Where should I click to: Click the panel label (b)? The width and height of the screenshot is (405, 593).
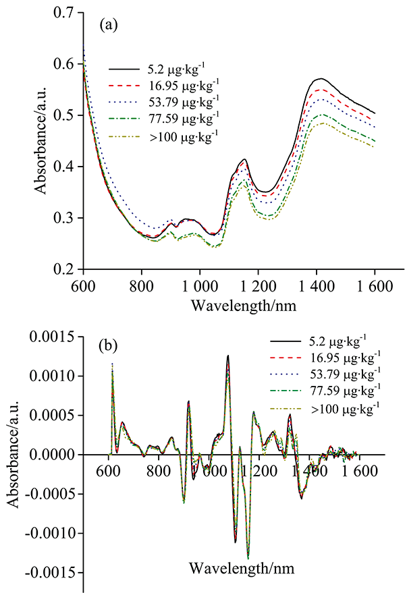109,347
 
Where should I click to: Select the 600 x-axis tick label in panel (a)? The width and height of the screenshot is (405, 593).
83,284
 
